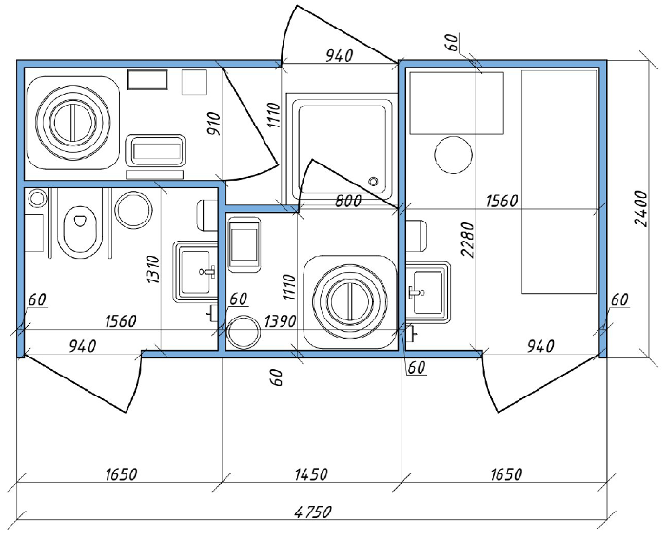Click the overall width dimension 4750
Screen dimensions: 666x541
pyautogui.click(x=313, y=512)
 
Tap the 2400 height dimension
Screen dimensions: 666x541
pyautogui.click(x=640, y=209)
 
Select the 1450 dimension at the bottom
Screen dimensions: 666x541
pyautogui.click(x=311, y=473)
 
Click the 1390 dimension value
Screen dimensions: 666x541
pyautogui.click(x=280, y=321)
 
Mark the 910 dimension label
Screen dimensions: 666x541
pyautogui.click(x=214, y=124)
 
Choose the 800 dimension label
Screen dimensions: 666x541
pyautogui.click(x=348, y=201)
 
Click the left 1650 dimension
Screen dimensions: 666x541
pyautogui.click(x=122, y=473)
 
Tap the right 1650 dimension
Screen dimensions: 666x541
pyautogui.click(x=506, y=473)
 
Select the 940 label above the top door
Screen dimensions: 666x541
pyautogui.click(x=339, y=55)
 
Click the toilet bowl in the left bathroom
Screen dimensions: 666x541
pyautogui.click(x=80, y=231)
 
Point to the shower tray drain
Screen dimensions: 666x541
pyautogui.click(x=373, y=182)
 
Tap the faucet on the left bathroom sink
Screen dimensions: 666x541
pyautogui.click(x=207, y=270)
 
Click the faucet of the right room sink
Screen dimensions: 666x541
pyautogui.click(x=416, y=292)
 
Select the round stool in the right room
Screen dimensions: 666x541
pyautogui.click(x=454, y=155)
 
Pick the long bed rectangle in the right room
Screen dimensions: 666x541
pyautogui.click(x=559, y=182)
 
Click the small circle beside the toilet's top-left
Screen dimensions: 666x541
pyautogui.click(x=36, y=199)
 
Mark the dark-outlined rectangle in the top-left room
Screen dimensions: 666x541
pyautogui.click(x=147, y=80)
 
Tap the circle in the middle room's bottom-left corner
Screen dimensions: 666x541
pyautogui.click(x=243, y=332)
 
